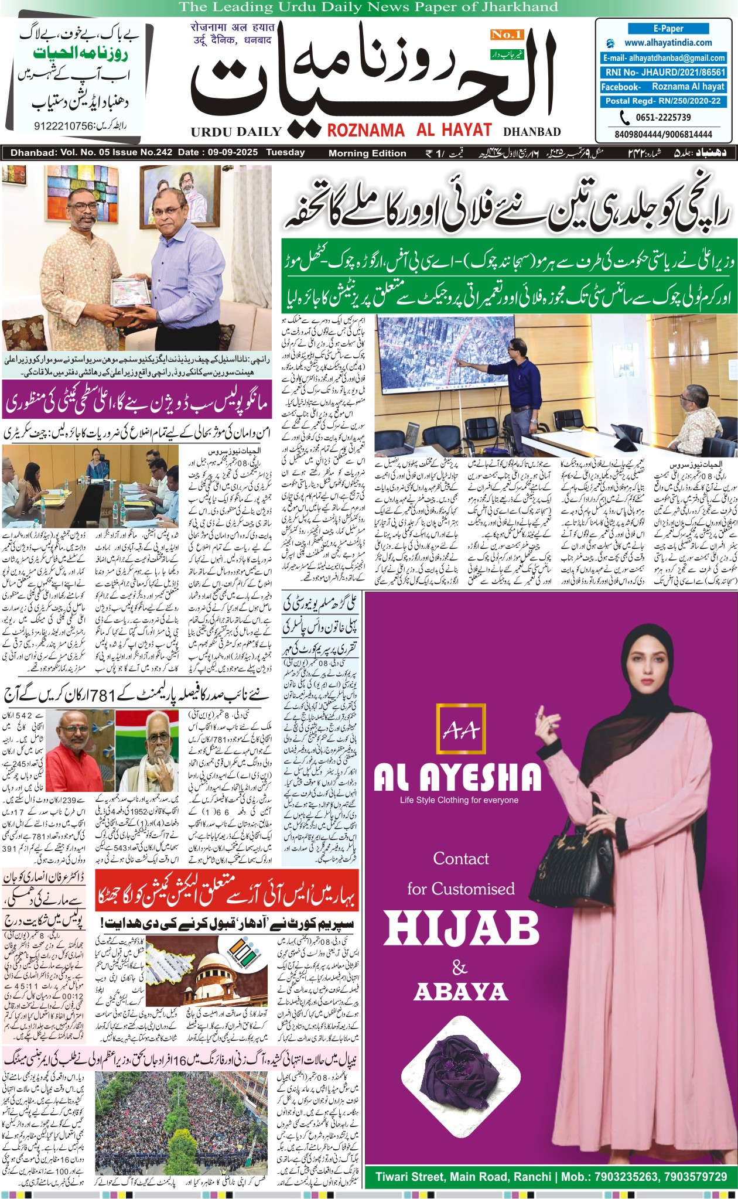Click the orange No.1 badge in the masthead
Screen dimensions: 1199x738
(x=506, y=35)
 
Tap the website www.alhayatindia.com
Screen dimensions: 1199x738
(x=668, y=43)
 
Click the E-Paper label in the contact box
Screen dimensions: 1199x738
(x=668, y=28)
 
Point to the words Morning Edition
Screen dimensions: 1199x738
(x=367, y=153)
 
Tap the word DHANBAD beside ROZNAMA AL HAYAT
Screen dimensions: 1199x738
(x=532, y=132)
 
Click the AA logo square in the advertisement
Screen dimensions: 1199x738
(x=461, y=729)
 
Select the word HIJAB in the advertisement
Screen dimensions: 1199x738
(x=462, y=930)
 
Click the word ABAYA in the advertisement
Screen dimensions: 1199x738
(x=460, y=992)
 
